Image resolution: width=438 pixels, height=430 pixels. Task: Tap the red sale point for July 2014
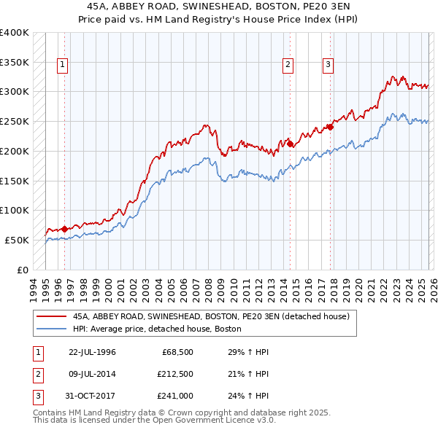[290, 144]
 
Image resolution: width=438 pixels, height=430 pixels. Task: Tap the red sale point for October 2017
[331, 127]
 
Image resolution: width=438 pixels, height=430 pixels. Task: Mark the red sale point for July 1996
[65, 229]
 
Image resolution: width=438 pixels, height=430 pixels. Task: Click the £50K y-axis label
[17, 240]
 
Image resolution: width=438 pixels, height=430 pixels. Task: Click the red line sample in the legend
[51, 316]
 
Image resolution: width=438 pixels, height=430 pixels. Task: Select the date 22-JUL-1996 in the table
[92, 352]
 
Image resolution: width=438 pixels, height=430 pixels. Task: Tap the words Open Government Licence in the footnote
[199, 421]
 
